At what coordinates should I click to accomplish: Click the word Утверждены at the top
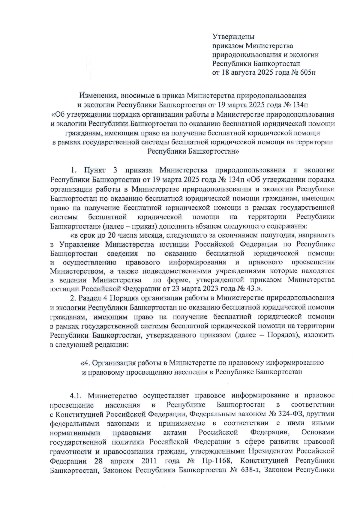pyautogui.click(x=233, y=37)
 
